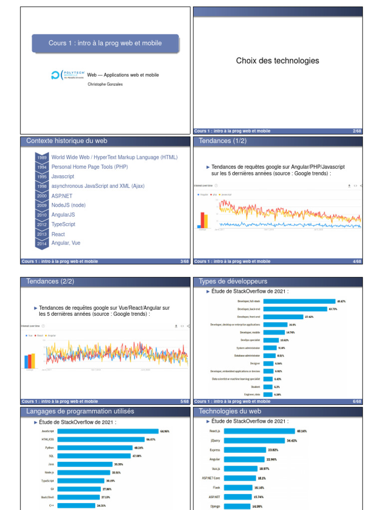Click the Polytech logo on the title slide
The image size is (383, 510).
click(68, 75)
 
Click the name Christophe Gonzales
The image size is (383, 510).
click(105, 84)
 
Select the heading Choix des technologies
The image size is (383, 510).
click(277, 61)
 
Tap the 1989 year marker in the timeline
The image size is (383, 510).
click(42, 157)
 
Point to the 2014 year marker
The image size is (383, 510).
click(42, 244)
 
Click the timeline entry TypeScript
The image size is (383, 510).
click(63, 224)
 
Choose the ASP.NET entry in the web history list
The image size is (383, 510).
click(62, 196)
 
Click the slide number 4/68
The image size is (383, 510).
click(357, 261)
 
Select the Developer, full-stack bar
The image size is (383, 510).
click(299, 301)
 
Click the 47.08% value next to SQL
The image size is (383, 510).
click(137, 456)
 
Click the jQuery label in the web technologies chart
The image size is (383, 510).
click(215, 441)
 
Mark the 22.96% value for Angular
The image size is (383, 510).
click(272, 459)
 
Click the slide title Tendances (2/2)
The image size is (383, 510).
click(50, 281)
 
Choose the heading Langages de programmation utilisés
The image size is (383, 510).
click(80, 411)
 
